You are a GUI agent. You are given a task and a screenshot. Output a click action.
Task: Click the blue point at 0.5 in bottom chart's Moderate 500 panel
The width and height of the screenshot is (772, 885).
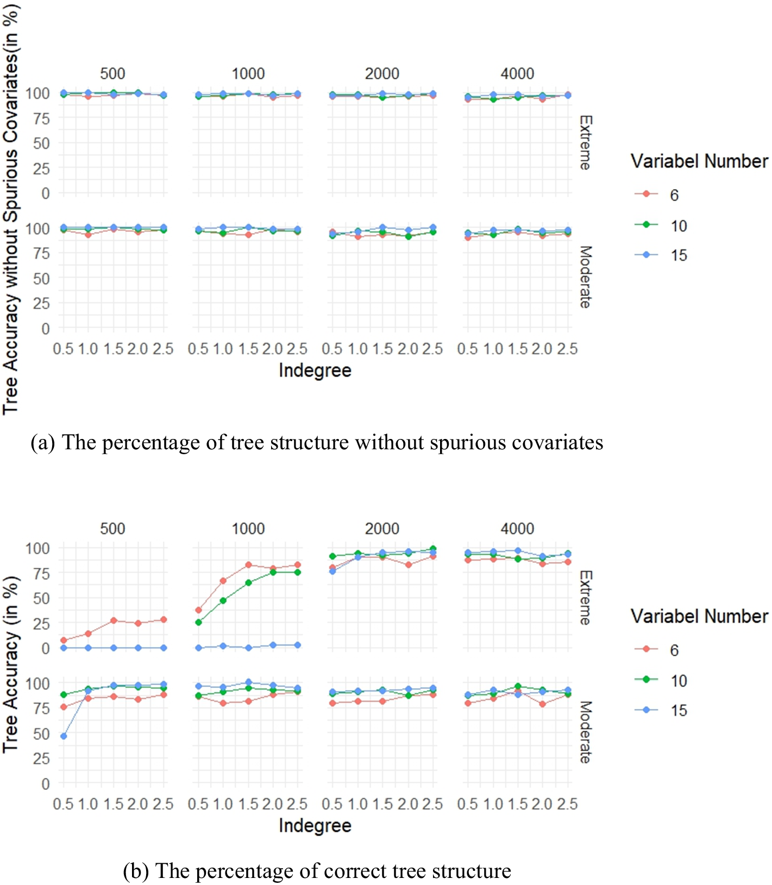coord(64,736)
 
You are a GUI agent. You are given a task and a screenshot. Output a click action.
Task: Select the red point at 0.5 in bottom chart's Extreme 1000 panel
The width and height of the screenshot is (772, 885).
coord(198,610)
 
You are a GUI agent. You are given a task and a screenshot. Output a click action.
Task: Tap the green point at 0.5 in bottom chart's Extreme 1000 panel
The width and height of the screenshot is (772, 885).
coord(198,623)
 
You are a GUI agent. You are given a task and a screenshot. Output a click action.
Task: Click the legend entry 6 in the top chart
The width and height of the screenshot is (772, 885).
coord(674,195)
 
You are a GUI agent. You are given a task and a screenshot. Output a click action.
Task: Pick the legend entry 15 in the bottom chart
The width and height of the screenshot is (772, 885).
coord(679,710)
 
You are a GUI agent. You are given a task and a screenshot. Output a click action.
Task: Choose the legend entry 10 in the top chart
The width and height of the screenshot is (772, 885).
coord(679,225)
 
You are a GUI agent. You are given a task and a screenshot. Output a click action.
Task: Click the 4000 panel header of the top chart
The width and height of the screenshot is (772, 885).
coord(517,73)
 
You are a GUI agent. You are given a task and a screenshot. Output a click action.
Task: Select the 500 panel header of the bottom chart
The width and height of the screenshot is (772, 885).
coord(112,529)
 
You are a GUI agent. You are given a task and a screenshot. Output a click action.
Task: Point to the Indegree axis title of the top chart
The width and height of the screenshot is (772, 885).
coord(315,371)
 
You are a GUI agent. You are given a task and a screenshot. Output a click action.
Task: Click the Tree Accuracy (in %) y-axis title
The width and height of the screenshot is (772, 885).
coord(11,664)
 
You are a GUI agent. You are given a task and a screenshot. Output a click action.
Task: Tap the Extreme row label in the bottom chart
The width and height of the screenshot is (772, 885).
coord(585,598)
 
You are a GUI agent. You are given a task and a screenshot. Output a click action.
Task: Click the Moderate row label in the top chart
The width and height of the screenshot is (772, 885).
coord(585,277)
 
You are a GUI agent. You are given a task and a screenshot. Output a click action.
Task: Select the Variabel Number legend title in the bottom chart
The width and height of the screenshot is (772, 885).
coord(699,616)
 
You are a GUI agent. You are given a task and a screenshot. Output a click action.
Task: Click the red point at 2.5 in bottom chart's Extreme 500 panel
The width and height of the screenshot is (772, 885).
coord(164,620)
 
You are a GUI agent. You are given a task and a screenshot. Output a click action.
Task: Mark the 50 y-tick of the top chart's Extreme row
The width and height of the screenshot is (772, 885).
coord(41,143)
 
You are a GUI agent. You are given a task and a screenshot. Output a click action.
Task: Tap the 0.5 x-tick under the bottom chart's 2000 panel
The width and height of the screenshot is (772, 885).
coord(332,804)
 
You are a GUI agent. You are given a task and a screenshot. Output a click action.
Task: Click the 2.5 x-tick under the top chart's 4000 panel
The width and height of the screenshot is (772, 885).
coord(567,349)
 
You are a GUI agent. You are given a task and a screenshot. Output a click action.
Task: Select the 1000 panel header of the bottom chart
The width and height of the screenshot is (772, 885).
coord(248,529)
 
